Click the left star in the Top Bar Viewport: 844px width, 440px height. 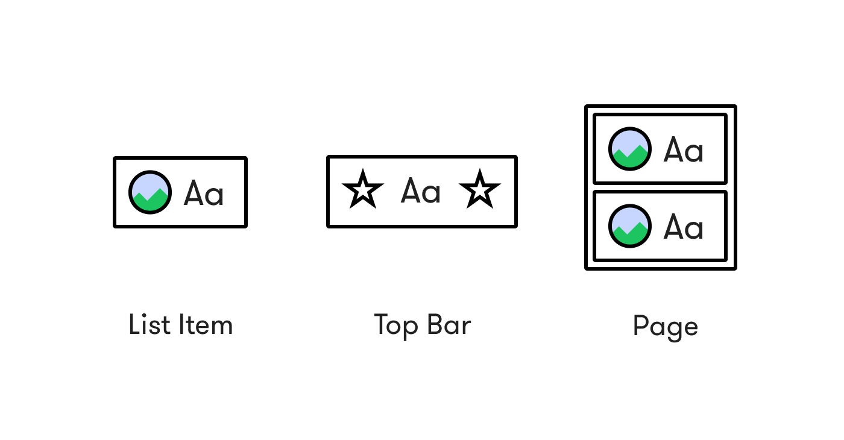(363, 190)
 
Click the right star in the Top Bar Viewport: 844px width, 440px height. (480, 190)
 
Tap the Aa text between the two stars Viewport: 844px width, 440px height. (421, 192)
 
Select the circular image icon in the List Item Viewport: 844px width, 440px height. (150, 192)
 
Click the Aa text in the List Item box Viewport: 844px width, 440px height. (204, 193)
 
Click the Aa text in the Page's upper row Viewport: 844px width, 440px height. (684, 149)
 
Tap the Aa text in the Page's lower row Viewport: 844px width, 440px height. (684, 227)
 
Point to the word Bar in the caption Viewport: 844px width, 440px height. (449, 325)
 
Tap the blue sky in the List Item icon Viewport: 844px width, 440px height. (150, 181)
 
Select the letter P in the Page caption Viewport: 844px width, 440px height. (640, 326)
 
